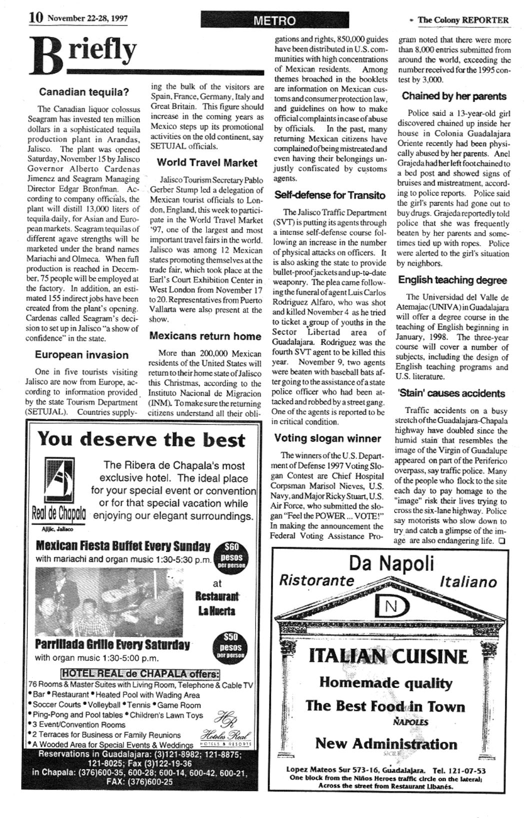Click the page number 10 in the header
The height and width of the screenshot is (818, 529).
35,18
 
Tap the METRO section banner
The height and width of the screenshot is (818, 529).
274,20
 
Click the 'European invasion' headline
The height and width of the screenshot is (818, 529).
81,355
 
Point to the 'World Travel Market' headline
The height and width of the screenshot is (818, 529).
207,163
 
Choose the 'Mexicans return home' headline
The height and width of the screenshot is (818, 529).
205,336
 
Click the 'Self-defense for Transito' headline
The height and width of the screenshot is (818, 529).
330,195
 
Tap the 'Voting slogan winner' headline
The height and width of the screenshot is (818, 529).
327,438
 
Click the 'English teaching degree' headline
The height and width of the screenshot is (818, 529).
452,280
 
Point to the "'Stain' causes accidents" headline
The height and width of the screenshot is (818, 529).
451,393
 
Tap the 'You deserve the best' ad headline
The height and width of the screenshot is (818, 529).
141,439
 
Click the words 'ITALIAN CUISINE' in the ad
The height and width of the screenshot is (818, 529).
388,656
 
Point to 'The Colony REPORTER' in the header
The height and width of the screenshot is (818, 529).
462,20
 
